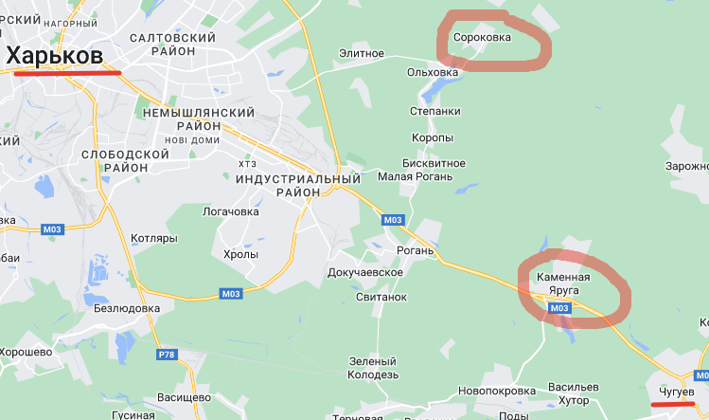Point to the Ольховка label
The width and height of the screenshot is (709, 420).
tap(432, 72)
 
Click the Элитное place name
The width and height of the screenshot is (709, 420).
tap(363, 55)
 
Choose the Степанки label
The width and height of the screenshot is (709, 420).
tap(435, 111)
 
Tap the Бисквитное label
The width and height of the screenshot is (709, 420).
tap(434, 162)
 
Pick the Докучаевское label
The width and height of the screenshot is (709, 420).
tap(365, 272)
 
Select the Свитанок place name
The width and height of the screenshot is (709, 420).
tap(381, 297)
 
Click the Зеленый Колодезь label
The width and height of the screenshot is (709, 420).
tap(373, 368)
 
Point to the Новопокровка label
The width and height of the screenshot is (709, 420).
tap(490, 390)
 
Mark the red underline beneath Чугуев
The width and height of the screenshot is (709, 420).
tap(673, 404)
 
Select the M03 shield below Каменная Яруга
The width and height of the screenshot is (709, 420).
tap(558, 308)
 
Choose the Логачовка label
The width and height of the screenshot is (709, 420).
tap(231, 211)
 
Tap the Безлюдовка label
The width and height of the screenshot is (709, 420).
tap(127, 308)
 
